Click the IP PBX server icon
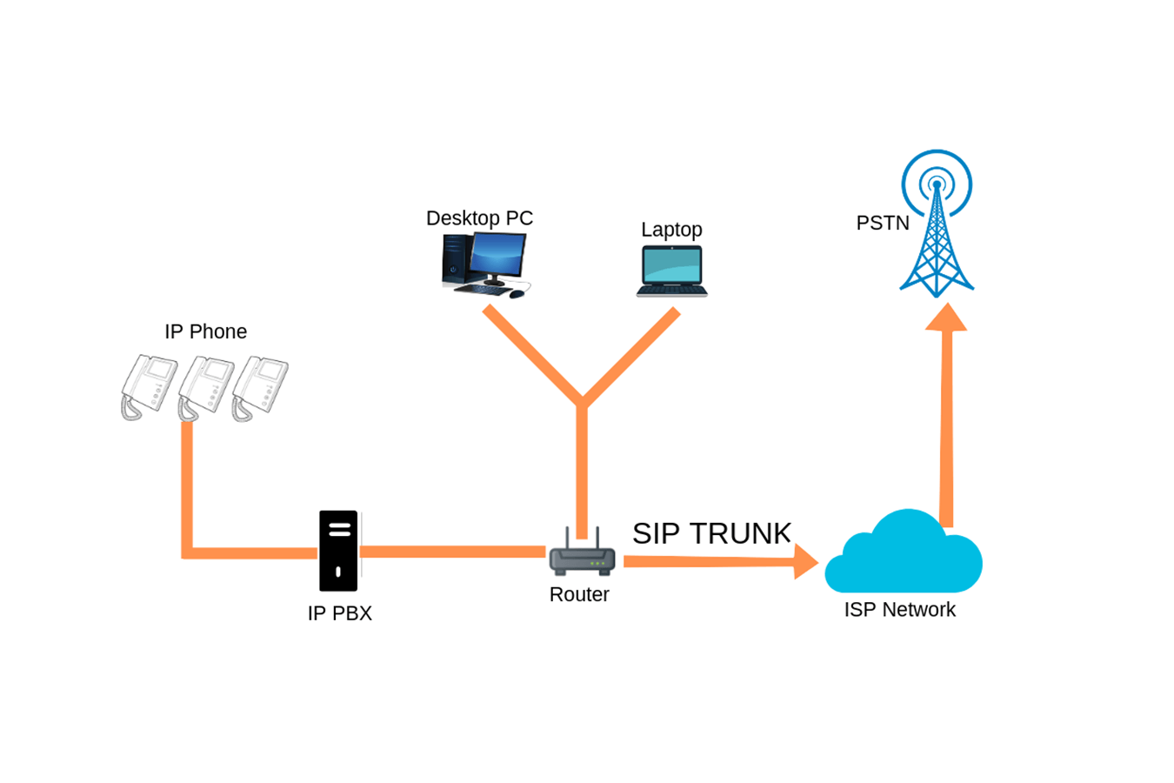(338, 551)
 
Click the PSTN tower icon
(937, 226)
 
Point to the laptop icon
(671, 271)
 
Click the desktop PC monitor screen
(497, 255)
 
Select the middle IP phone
(205, 386)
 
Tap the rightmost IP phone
(261, 386)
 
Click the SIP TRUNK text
(711, 533)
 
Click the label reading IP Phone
(205, 331)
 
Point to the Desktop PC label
(479, 218)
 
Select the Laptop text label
(671, 230)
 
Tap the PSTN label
(883, 223)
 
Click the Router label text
(579, 594)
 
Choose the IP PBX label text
(339, 613)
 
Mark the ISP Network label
(899, 610)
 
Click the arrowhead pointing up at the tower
(946, 318)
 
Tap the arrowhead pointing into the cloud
(805, 562)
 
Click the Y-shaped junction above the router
(582, 403)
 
